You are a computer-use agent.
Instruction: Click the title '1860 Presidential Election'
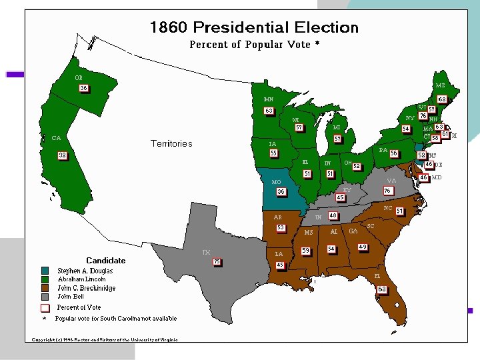[254, 28]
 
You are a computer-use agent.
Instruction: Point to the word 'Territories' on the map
[171, 143]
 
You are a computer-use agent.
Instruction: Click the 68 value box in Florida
[381, 289]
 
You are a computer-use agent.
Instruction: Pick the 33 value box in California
[62, 155]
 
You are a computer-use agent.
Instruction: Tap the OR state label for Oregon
[79, 77]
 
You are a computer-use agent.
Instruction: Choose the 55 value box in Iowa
[273, 153]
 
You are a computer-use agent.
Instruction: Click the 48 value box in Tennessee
[333, 216]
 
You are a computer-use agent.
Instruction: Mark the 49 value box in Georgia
[363, 247]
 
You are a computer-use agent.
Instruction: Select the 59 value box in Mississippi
[306, 251]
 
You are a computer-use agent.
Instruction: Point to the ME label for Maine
[441, 85]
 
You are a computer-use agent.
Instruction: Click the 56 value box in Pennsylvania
[394, 153]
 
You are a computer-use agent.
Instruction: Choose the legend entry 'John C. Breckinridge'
[86, 288]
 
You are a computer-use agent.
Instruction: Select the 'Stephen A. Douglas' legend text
[85, 271]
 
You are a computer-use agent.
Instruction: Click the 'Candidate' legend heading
[105, 260]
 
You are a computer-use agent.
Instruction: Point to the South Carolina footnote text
[116, 318]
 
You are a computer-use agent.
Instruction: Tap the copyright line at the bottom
[105, 339]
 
